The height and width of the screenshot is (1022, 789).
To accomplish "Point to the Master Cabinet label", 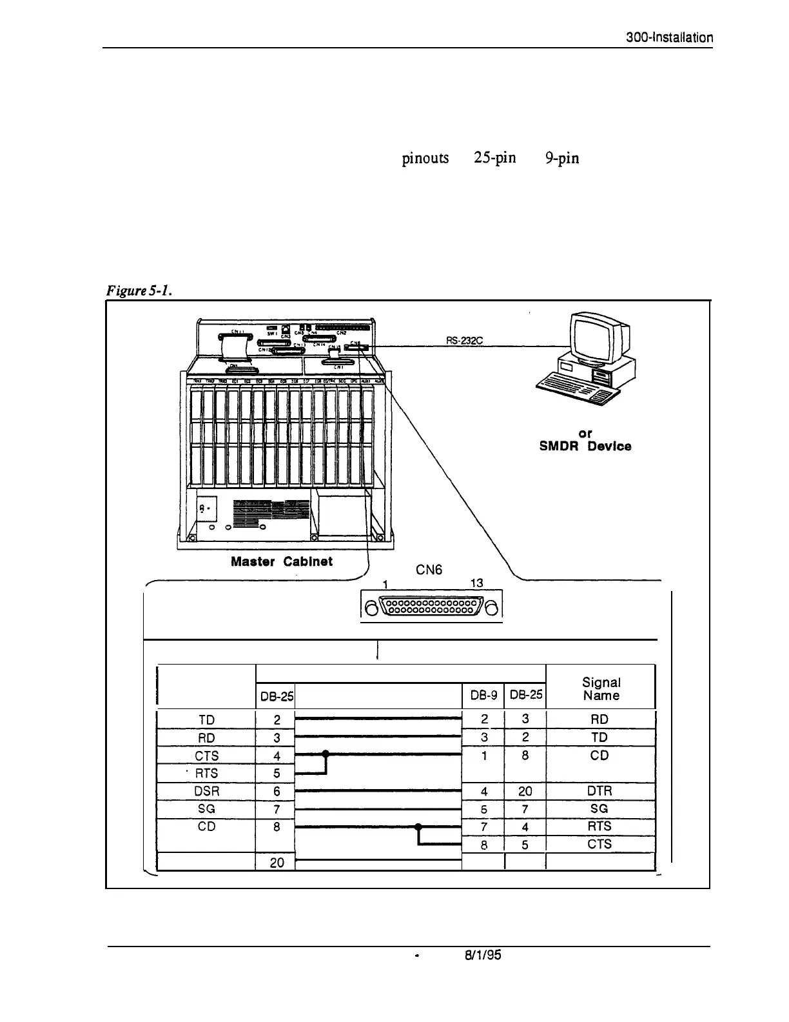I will click(282, 561).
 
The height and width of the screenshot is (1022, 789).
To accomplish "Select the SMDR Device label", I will click(585, 446).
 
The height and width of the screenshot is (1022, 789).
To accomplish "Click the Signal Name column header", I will click(601, 688).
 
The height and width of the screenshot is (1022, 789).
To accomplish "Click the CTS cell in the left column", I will click(206, 756).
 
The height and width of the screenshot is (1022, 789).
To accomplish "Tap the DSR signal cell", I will click(206, 791).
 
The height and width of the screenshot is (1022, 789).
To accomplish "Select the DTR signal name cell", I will click(599, 791).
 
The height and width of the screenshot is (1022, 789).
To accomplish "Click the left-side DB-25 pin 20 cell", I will click(277, 862).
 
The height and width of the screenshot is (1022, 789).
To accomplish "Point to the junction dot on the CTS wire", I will click(326, 754).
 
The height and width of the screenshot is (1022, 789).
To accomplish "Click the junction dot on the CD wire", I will click(418, 827).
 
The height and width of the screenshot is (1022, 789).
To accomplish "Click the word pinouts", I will click(425, 158).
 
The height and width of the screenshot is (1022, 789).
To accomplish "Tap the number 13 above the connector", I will click(476, 583).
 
